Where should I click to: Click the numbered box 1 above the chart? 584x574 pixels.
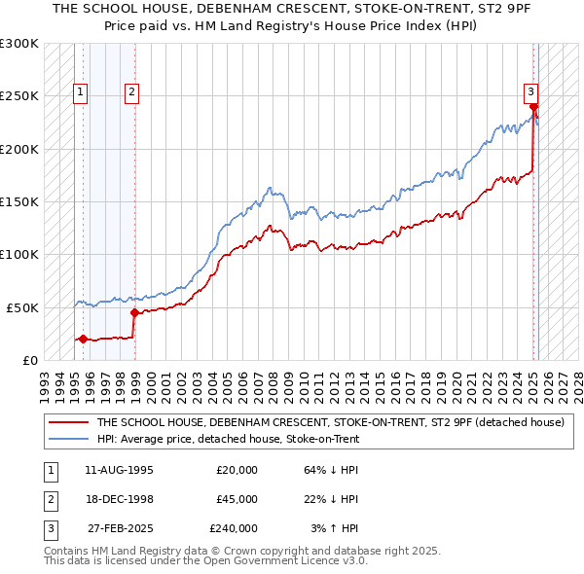coord(80,93)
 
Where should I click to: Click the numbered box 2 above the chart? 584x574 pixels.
coord(131,93)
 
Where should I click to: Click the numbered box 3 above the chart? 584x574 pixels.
coord(531,93)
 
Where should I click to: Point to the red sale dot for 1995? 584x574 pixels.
coord(83,339)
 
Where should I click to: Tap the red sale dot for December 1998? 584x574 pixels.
coord(134,312)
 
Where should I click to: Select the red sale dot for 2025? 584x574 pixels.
coord(533,106)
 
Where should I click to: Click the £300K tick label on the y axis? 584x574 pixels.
coord(19,44)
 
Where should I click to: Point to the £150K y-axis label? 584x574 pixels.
coord(19,201)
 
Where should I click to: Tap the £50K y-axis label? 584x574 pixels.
coord(22,307)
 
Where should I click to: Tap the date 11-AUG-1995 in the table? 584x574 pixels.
coord(119,470)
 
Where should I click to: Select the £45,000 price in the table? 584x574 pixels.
coord(237,499)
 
